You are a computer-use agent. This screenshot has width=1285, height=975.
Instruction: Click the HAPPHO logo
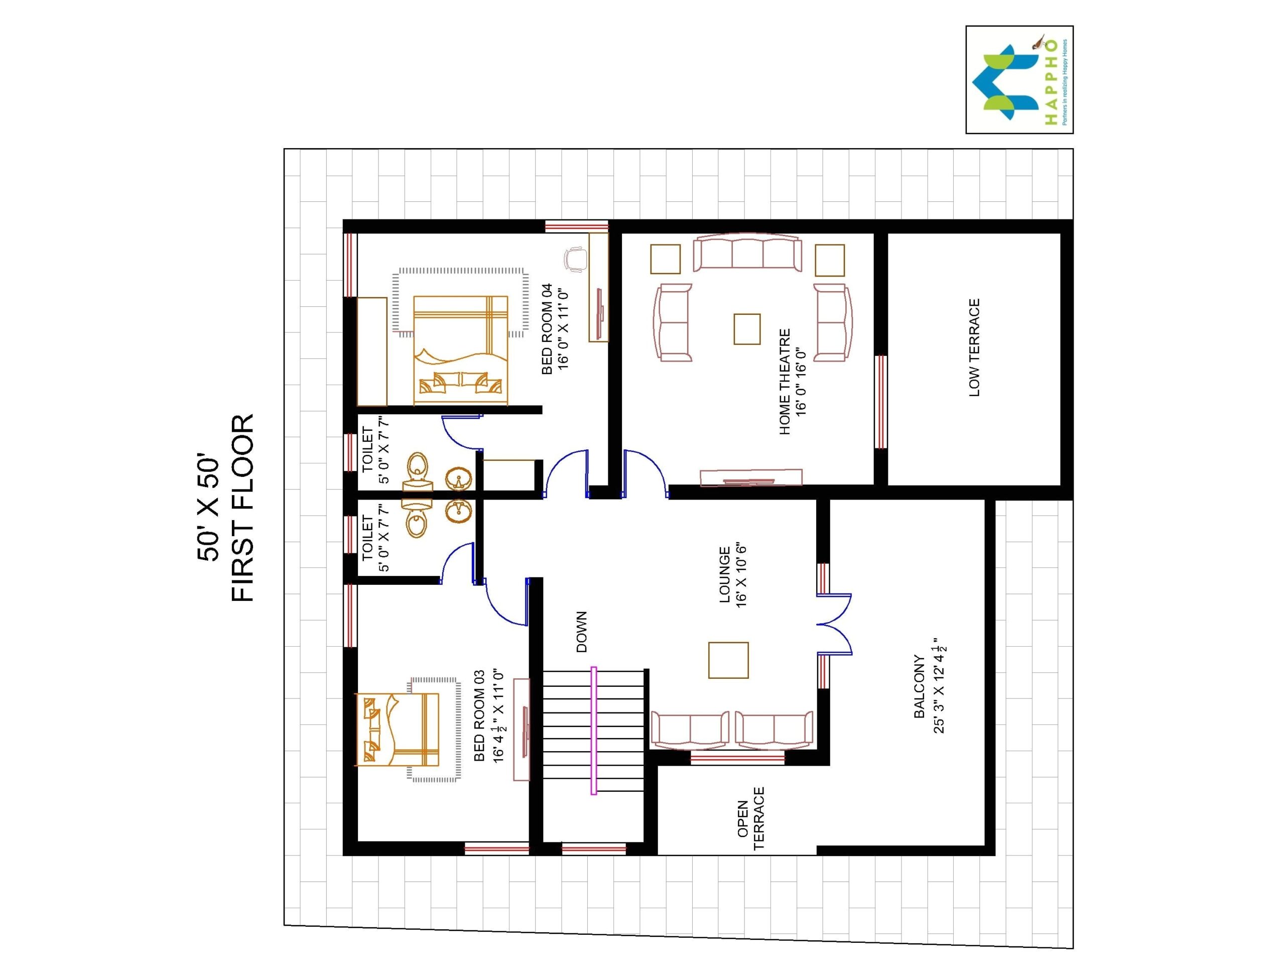tap(1019, 80)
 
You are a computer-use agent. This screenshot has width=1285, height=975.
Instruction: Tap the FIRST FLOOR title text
tap(243, 508)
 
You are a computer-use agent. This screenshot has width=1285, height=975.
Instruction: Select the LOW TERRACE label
tap(974, 347)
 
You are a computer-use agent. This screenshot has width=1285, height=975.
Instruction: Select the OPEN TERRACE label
tap(750, 819)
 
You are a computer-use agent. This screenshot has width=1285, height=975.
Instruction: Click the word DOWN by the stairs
tap(581, 632)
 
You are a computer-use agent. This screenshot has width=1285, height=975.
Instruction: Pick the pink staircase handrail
tap(594, 730)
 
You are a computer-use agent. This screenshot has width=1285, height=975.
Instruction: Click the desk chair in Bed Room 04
tap(575, 259)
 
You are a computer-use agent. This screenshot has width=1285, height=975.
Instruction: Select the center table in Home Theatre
tap(746, 329)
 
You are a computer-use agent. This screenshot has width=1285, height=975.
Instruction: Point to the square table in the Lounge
tap(728, 660)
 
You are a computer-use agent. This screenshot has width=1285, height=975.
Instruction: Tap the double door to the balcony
tap(835, 625)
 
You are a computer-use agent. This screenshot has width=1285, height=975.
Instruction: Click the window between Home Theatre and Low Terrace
tap(881, 402)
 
